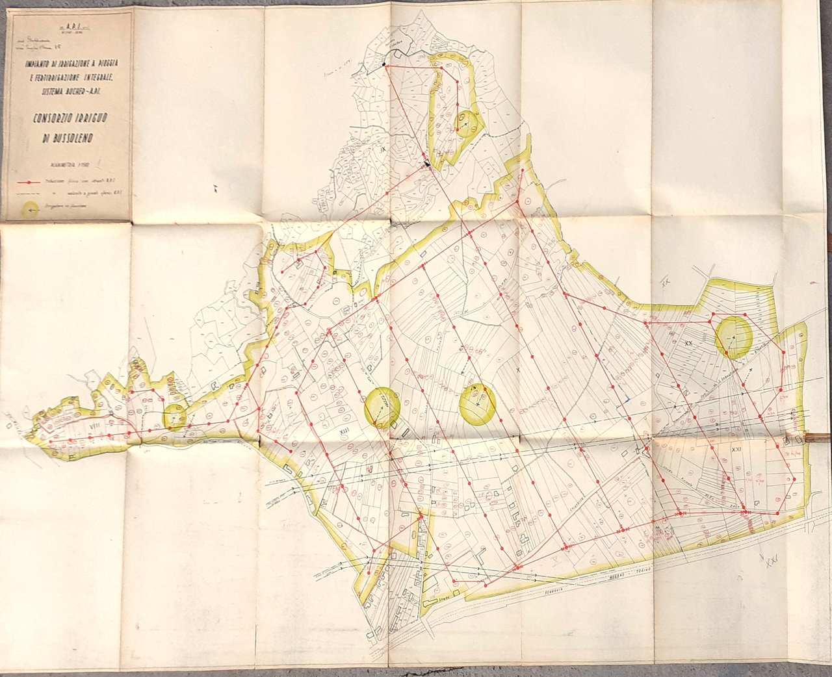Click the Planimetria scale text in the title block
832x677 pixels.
[64, 164]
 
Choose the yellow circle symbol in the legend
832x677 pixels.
[30, 209]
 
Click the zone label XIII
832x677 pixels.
[344, 429]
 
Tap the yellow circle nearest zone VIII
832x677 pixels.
[175, 416]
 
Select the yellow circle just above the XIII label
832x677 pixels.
[382, 407]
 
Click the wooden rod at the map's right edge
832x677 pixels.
[818, 437]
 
